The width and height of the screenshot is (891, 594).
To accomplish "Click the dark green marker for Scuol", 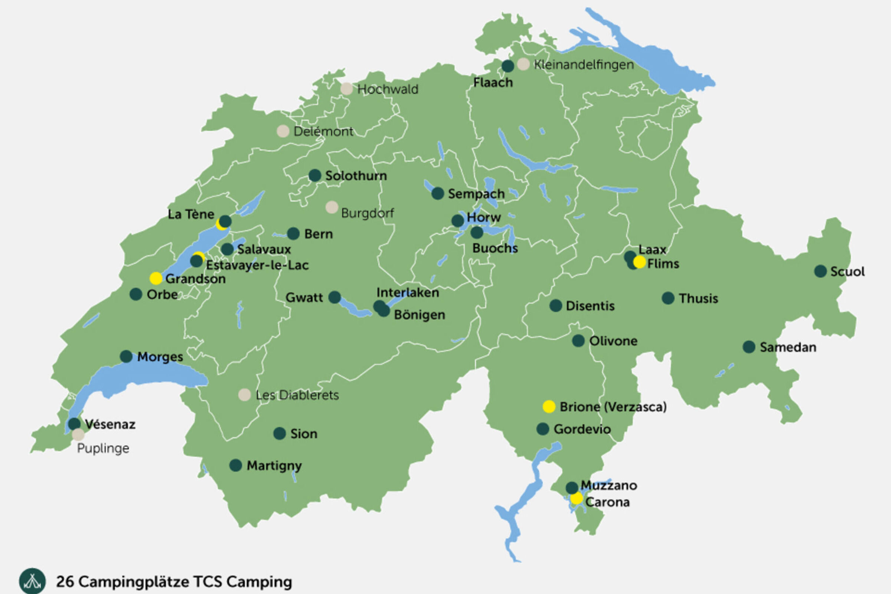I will point(820,271).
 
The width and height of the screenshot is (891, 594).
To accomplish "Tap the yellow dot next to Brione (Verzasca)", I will point(549,407).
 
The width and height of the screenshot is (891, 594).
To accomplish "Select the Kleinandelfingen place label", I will point(584,65).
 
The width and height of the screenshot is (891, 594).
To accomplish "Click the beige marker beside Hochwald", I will point(346,89).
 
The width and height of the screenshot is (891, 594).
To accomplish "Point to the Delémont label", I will point(323,131).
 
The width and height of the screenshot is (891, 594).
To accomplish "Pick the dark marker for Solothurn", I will point(315,175).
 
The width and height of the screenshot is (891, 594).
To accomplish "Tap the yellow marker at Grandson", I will point(156,278).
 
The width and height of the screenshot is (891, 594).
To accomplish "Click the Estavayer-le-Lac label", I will point(257,265).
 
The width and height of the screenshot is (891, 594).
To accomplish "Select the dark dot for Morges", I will point(126,356).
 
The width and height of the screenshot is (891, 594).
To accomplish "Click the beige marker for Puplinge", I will point(78,434).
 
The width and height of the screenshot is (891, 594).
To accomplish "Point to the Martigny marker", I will point(236,465).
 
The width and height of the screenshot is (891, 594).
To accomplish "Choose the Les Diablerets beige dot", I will point(244,395).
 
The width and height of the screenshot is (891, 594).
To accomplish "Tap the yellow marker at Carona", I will point(577,498).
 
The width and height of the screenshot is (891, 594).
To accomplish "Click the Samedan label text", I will point(788,347).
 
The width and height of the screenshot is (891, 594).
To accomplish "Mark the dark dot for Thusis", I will point(668,298).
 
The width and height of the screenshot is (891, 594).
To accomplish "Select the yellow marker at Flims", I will point(639,262).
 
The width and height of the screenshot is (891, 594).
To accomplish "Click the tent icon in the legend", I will point(32,581).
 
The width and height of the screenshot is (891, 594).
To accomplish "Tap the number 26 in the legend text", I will point(64,581).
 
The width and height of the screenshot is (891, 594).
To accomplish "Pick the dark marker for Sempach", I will point(438,193).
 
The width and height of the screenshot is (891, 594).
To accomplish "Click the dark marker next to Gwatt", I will point(334,297).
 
